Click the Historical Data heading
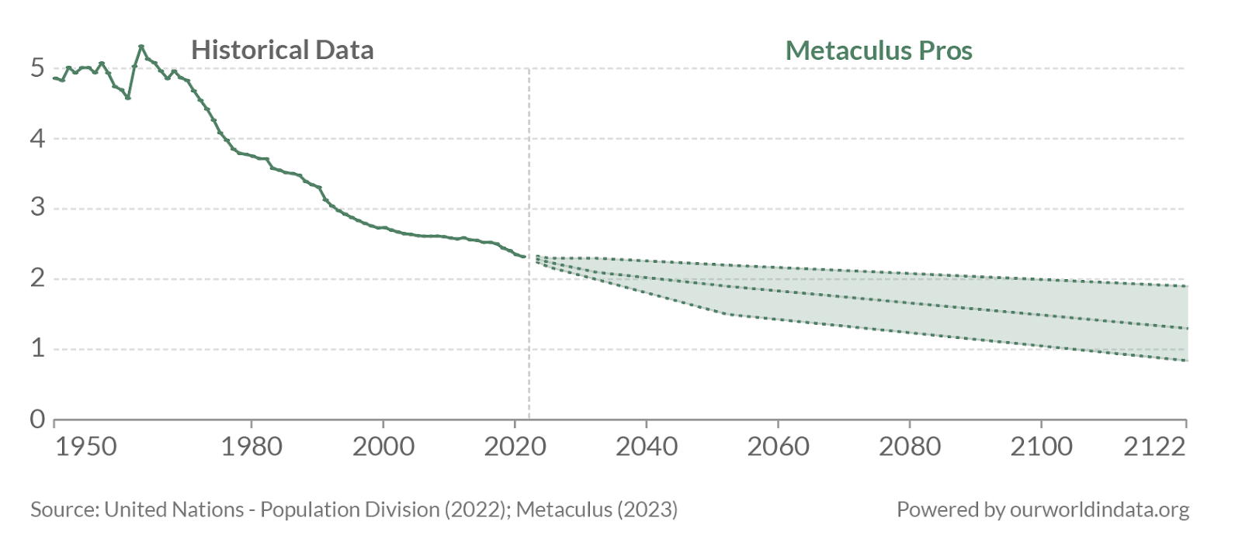(x=283, y=50)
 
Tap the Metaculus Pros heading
(x=879, y=50)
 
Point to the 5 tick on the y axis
(x=37, y=68)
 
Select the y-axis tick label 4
(x=37, y=139)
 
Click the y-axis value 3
(x=37, y=209)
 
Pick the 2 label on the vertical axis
(x=37, y=278)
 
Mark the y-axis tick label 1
(x=37, y=349)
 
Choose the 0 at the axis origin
(x=37, y=420)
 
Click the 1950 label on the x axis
(x=86, y=447)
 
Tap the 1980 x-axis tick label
(x=252, y=447)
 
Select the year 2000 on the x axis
(x=383, y=447)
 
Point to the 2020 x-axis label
(x=515, y=447)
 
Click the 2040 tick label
(x=647, y=447)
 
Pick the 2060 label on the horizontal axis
(x=778, y=447)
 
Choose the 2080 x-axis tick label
(x=910, y=447)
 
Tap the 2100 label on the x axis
(x=1041, y=447)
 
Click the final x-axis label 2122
(x=1155, y=447)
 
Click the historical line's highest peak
(x=141, y=47)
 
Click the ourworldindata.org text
(x=1099, y=509)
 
